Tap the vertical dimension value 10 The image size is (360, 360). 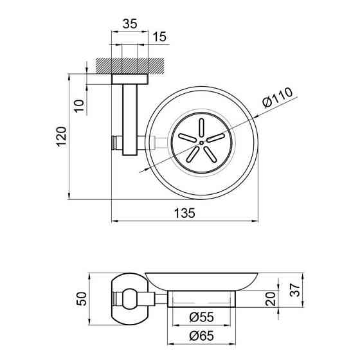tap(78, 105)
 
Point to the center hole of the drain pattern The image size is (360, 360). tap(201, 141)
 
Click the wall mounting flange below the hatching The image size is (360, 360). tap(129, 79)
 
